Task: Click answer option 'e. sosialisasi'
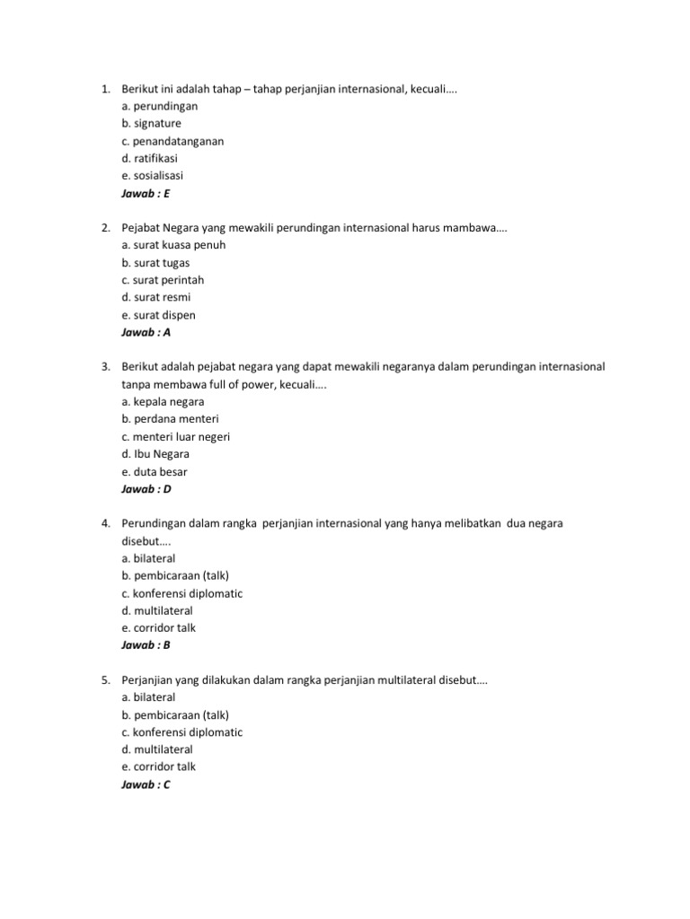152,175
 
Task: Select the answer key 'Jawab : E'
146,193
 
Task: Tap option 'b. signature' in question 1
151,123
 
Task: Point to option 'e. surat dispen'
157,315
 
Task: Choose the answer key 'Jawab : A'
146,332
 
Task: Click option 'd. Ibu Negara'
155,454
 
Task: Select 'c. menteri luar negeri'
175,436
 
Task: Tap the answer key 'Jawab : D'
146,489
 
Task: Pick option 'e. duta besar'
154,471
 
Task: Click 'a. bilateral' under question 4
148,558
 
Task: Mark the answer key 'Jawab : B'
146,645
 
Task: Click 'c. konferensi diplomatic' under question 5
181,732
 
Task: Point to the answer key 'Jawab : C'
146,784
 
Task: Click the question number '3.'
105,367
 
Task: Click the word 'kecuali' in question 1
429,89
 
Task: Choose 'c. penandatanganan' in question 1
172,141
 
